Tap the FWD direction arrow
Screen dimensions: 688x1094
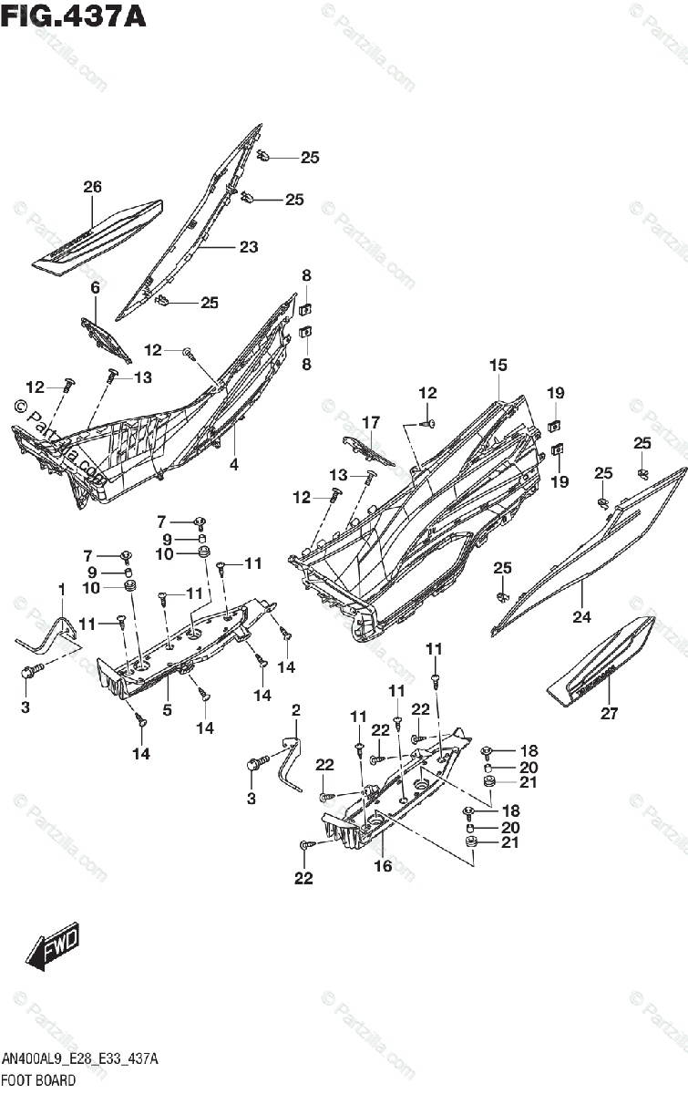pos(53,945)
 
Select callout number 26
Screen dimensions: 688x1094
pos(92,187)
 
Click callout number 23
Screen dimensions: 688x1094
pos(249,246)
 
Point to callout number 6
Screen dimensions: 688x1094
pos(94,288)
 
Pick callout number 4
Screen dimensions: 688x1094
pos(234,463)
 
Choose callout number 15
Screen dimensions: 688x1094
pos(497,365)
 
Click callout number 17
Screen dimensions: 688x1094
pos(370,422)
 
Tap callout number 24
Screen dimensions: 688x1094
pos(581,617)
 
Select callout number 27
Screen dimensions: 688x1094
pos(609,714)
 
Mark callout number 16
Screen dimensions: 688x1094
pos(384,865)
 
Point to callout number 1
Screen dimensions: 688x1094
pos(62,590)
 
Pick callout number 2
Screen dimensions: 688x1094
pos(295,710)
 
